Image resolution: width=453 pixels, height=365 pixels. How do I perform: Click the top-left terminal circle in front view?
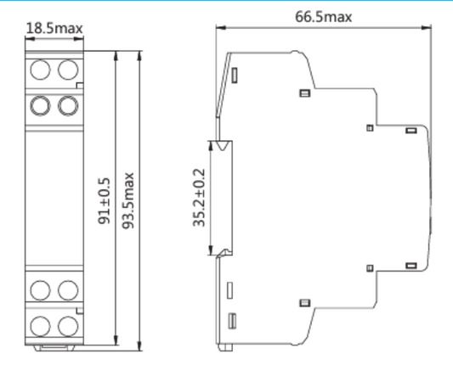[40, 68]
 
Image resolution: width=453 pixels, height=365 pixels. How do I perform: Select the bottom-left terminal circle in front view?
[40, 325]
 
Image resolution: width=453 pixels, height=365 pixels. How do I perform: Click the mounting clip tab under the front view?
[54, 347]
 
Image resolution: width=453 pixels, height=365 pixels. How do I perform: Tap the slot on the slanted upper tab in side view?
[234, 77]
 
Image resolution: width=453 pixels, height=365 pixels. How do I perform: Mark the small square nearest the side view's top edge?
[301, 93]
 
